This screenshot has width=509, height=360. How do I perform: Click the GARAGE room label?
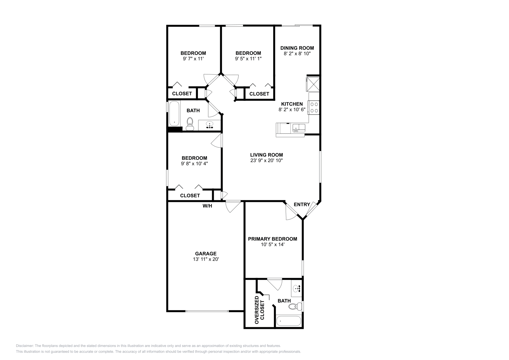[206, 253]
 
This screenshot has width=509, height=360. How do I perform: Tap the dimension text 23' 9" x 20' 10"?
[266, 161]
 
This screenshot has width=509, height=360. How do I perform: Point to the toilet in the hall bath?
[190, 123]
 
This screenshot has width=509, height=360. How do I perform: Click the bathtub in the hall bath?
[174, 114]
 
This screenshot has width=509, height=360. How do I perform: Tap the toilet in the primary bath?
[295, 307]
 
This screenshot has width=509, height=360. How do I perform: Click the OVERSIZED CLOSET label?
[259, 310]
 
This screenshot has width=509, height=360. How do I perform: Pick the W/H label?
[207, 206]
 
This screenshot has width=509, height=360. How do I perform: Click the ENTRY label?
[302, 204]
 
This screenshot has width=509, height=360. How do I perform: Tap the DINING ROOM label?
[297, 48]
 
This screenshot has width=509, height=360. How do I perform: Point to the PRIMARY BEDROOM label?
[272, 239]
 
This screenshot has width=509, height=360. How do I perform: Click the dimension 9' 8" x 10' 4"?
[194, 163]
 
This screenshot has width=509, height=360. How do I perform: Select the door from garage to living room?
[233, 206]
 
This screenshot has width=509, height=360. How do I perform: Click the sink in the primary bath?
[297, 289]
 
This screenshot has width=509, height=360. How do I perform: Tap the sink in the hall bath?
[210, 125]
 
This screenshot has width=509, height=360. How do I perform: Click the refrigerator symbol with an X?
[313, 83]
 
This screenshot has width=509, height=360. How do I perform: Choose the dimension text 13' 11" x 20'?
[206, 259]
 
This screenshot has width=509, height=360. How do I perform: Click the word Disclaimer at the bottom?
[24, 346]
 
